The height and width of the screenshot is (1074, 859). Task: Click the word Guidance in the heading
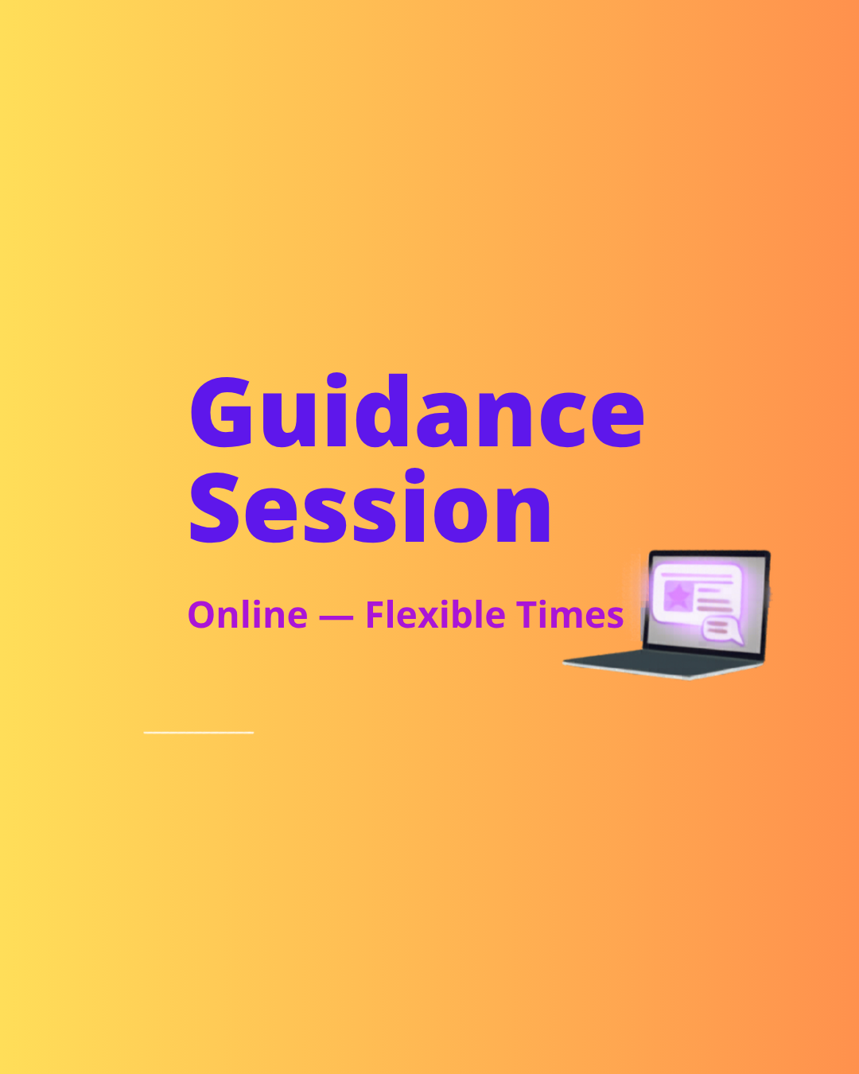coord(418,411)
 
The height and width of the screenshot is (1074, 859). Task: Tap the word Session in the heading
coord(370,505)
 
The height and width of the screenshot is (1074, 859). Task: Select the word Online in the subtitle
coord(247,614)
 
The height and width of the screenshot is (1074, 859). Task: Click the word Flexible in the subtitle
coord(436,614)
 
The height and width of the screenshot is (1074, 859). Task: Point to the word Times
coord(570,614)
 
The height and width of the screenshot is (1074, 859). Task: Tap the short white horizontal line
coord(199,733)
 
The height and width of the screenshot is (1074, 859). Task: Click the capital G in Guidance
coord(220,412)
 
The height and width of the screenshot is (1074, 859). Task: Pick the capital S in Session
coord(215,507)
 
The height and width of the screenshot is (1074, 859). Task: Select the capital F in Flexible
coord(376,614)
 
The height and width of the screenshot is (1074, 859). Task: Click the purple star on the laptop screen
coord(678,596)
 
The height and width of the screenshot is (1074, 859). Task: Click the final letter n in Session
coord(523,514)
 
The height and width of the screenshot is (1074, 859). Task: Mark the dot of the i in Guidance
coord(336,379)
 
